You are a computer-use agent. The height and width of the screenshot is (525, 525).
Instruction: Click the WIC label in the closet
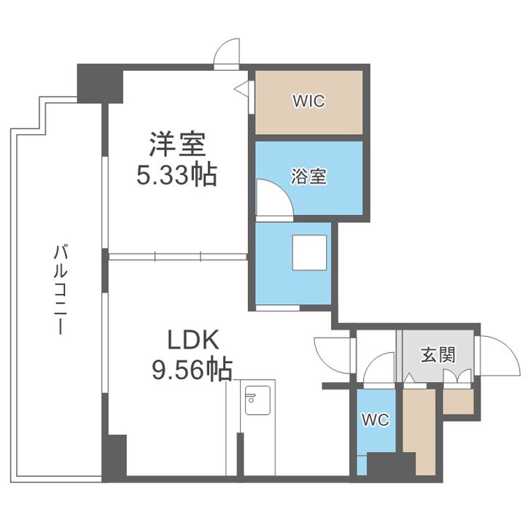308,101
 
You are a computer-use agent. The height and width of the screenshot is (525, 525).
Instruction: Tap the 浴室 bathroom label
308,176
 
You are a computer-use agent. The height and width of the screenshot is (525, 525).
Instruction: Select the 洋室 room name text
176,144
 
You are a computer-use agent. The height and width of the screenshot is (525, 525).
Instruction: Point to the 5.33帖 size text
176,174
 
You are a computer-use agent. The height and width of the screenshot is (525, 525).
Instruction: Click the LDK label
193,341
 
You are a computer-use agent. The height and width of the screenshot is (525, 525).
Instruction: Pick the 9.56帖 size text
192,369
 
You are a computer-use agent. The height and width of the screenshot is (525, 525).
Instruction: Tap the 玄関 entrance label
438,354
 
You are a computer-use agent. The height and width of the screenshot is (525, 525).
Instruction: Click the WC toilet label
376,419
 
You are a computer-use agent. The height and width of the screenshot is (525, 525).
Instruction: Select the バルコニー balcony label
61,289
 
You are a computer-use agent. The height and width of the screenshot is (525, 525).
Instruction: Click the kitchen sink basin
257,400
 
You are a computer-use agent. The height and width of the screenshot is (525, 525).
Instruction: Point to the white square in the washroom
309,252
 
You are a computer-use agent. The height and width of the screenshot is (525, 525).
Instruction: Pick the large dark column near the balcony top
100,84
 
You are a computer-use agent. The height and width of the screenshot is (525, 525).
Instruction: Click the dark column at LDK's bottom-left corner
114,458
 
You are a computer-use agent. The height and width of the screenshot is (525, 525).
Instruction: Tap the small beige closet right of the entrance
459,402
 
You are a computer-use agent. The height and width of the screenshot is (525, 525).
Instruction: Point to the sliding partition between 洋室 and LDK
177,257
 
